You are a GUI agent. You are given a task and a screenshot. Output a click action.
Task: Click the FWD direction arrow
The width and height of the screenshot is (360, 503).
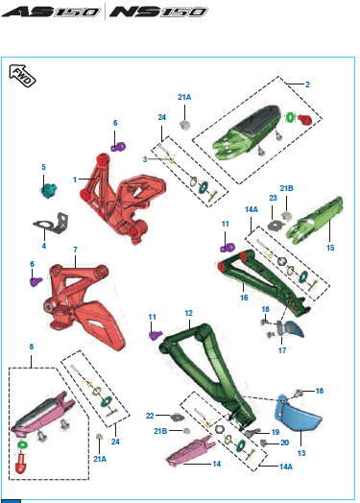pyautogui.click(x=22, y=76)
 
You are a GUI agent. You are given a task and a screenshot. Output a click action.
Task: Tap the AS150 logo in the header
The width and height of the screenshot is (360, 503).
pyautogui.click(x=50, y=12)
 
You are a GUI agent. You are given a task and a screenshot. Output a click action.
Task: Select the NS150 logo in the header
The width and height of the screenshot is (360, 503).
pyautogui.click(x=158, y=12)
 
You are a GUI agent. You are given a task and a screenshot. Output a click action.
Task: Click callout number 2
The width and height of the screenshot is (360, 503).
pyautogui.click(x=307, y=84)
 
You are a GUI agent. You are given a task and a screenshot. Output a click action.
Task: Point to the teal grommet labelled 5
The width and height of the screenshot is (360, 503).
pyautogui.click(x=48, y=190)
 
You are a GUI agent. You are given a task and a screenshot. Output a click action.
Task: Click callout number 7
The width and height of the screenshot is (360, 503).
pyautogui.click(x=75, y=250)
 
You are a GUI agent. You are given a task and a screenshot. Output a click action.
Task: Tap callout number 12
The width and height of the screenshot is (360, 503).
pyautogui.click(x=189, y=313)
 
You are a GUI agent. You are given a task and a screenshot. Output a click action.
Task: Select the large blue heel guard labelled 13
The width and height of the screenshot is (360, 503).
pyautogui.click(x=297, y=413)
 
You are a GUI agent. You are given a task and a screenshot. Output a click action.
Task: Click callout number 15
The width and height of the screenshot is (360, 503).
pyautogui.click(x=330, y=248)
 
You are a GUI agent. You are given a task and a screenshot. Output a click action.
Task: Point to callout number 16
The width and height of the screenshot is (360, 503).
pyautogui.click(x=244, y=298)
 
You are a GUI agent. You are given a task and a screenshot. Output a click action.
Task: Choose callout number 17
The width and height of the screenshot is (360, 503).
pyautogui.click(x=282, y=350)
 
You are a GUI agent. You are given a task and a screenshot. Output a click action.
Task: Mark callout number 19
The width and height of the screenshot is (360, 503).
pyautogui.click(x=276, y=432)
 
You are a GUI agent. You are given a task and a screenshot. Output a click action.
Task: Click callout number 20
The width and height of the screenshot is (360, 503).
pyautogui.click(x=284, y=443)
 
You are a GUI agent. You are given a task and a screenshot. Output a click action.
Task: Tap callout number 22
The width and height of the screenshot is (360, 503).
pyautogui.click(x=150, y=416)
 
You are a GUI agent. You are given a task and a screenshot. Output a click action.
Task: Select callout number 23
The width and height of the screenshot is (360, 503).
pyautogui.click(x=273, y=198)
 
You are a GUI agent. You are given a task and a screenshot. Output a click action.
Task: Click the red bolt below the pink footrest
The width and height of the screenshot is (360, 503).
pyautogui.click(x=21, y=463)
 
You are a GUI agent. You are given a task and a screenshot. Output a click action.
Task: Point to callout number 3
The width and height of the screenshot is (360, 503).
pyautogui.click(x=145, y=159)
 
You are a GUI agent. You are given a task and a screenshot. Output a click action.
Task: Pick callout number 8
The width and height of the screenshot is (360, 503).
pyautogui.click(x=32, y=347)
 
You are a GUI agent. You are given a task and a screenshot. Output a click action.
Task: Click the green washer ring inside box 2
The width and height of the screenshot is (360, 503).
pyautogui.click(x=290, y=117)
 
